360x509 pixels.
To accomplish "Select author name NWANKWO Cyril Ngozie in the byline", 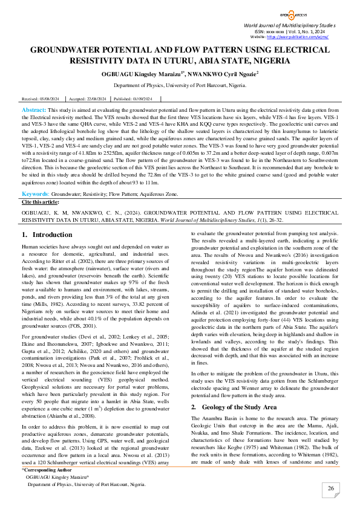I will pyautogui.click(x=221, y=74).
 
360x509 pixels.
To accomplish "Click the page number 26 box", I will pyautogui.click(x=331, y=488).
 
